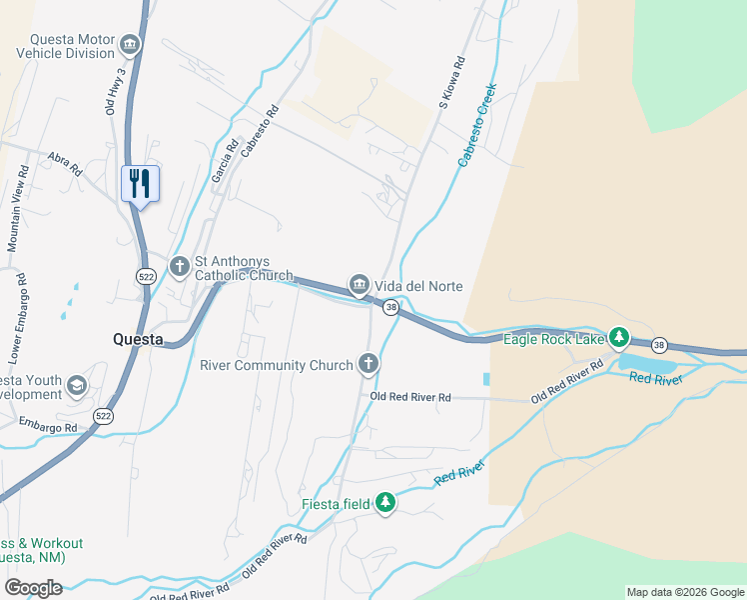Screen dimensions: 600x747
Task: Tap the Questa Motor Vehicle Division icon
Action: tap(130, 44)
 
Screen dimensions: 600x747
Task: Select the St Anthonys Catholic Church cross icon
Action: tap(180, 266)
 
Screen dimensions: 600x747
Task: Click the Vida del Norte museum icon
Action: tap(359, 285)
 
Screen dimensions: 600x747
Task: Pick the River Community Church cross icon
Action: tap(369, 364)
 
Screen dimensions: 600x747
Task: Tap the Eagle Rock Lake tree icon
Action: tap(619, 337)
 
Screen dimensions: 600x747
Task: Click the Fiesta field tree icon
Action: tap(386, 504)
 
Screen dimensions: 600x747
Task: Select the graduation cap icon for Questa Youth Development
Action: tap(76, 386)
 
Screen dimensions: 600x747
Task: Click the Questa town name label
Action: tap(138, 339)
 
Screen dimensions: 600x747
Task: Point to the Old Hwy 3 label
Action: tap(115, 91)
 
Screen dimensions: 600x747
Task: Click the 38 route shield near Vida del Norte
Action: tap(391, 308)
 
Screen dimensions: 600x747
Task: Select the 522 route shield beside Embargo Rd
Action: tap(103, 414)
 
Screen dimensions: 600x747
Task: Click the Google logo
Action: tap(33, 588)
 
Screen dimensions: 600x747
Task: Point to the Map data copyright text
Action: tap(684, 592)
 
